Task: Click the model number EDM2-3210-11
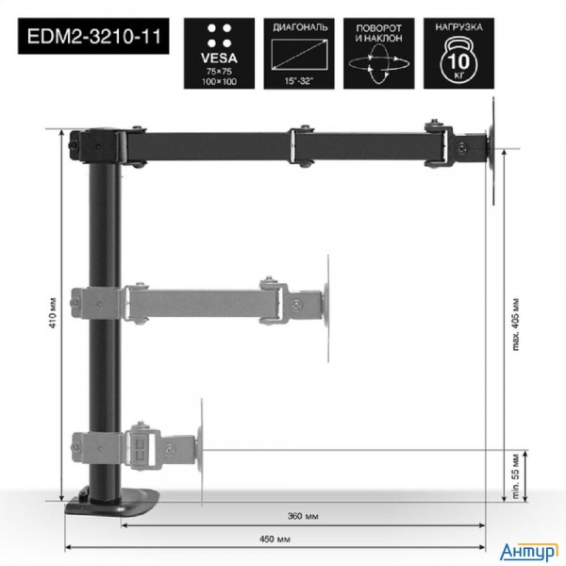92,40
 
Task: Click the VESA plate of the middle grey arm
326,306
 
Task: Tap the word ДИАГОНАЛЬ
299,27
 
